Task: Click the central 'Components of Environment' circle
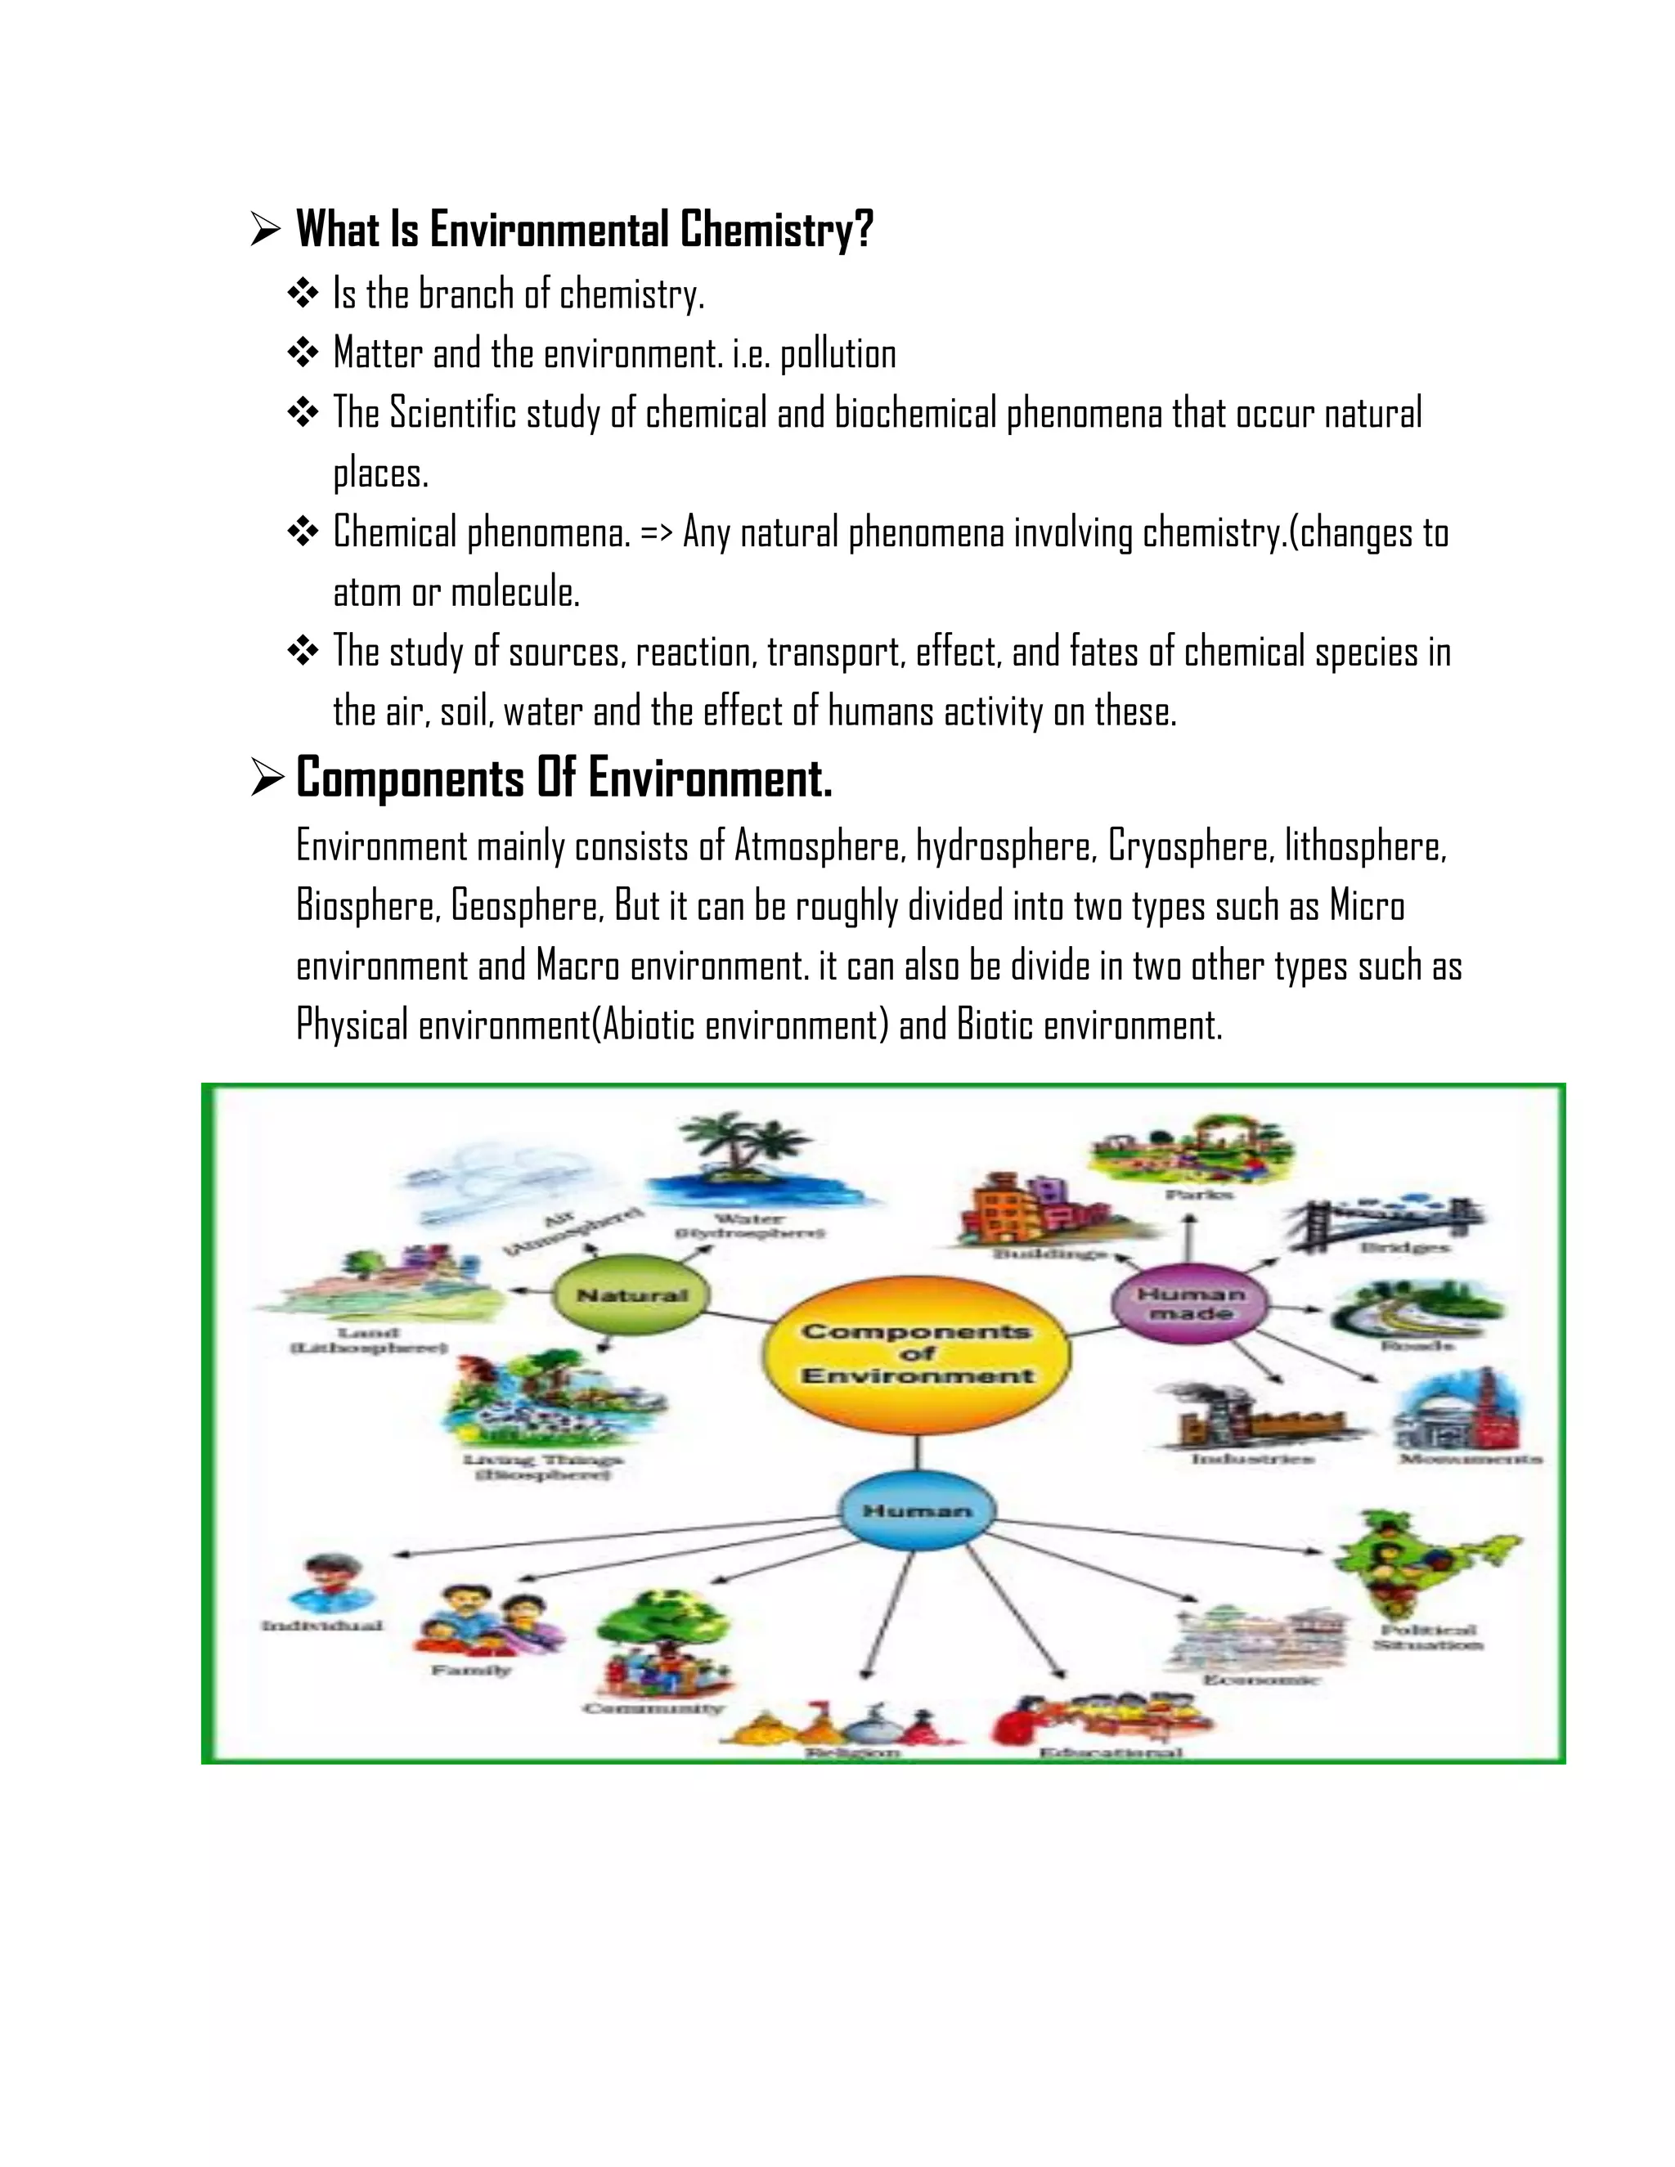point(917,1353)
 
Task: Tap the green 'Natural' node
point(632,1294)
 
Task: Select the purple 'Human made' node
point(1190,1303)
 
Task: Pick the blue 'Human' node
point(917,1510)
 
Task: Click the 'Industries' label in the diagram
point(1252,1460)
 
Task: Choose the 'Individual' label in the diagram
point(321,1626)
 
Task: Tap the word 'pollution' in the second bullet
point(838,354)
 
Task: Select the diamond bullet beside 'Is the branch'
point(303,294)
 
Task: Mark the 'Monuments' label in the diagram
point(1471,1460)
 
